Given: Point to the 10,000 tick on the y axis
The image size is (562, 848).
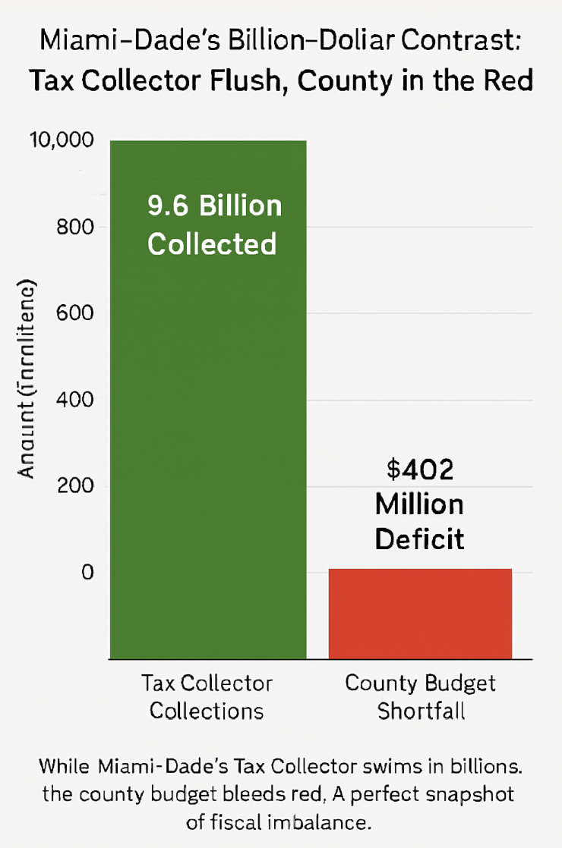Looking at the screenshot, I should pyautogui.click(x=60, y=141).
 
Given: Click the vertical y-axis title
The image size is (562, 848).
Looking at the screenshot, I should pyautogui.click(x=27, y=379).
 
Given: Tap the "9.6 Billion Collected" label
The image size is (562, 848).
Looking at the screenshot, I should pyautogui.click(x=213, y=225).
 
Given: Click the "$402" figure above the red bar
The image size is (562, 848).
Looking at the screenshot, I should pyautogui.click(x=419, y=470).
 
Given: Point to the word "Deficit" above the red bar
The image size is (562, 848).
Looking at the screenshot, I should pyautogui.click(x=419, y=539).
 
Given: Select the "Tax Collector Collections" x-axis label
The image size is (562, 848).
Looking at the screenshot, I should pyautogui.click(x=207, y=696).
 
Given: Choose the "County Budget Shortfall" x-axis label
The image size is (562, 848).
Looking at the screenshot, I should pyautogui.click(x=420, y=696).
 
